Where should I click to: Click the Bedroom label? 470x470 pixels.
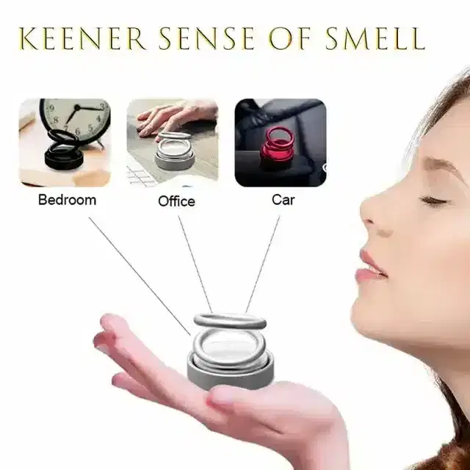(67, 199)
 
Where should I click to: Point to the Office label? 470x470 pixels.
(176, 200)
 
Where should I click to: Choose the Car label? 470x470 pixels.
(283, 199)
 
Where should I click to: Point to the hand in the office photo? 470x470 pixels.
(167, 117)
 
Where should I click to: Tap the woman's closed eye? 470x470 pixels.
(431, 199)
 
